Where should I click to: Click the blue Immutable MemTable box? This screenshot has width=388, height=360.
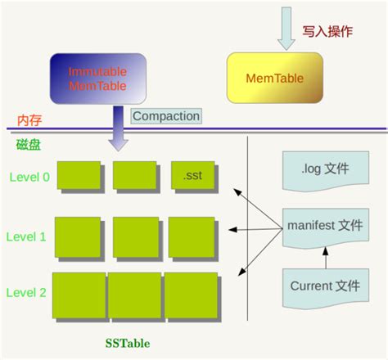(98, 79)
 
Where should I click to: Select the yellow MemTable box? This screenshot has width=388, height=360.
(275, 79)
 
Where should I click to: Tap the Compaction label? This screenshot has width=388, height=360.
(165, 116)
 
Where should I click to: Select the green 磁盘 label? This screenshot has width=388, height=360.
(29, 145)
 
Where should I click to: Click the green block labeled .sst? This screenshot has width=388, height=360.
(193, 175)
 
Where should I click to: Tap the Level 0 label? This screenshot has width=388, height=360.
(29, 176)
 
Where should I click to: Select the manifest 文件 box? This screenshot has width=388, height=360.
(323, 224)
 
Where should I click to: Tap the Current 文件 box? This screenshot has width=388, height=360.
(324, 286)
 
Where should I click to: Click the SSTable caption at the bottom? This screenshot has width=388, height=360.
(129, 341)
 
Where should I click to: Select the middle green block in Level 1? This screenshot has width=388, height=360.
(135, 237)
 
